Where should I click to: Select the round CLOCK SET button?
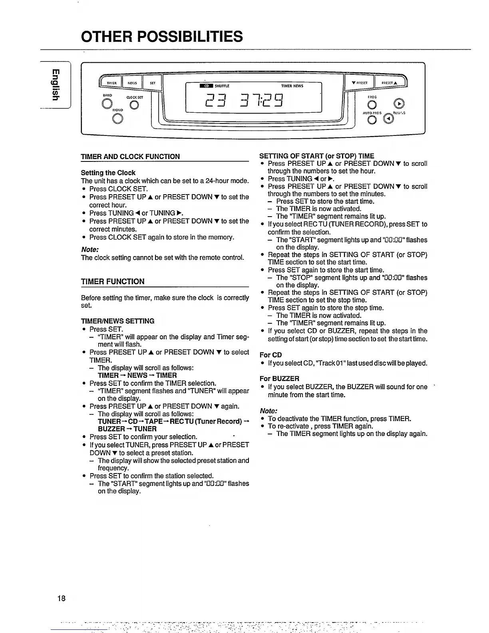coord(135,105)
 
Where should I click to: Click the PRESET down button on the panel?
coord(359,83)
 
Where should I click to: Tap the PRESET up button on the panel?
coord(389,83)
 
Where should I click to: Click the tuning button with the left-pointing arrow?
coord(388,119)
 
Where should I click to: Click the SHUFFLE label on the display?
coord(222,86)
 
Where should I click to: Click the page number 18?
coord(61,598)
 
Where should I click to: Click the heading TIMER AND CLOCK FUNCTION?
coord(130,157)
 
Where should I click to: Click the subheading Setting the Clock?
coord(108,173)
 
